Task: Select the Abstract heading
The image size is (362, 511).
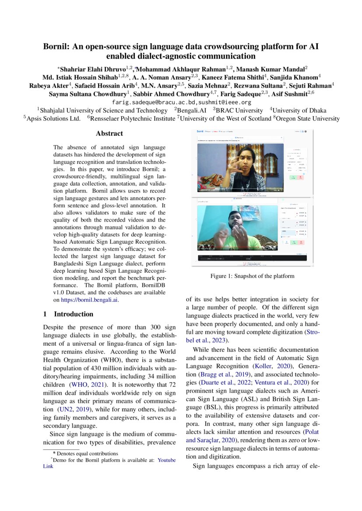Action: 109,133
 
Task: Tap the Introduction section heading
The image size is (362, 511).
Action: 73,314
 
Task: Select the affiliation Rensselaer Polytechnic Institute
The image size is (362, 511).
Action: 133,118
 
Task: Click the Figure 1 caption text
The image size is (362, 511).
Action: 252,276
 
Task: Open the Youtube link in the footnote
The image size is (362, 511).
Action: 167,460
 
